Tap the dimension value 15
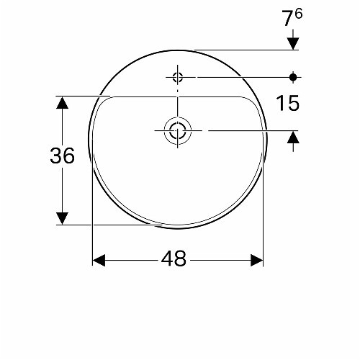[x=287, y=104]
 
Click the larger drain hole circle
[x=177, y=130]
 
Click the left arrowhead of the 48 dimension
[x=99, y=259]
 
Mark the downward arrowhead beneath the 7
[x=293, y=42]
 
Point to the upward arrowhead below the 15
[x=293, y=138]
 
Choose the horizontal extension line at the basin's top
[x=245, y=50]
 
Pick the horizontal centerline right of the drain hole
[x=238, y=130]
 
